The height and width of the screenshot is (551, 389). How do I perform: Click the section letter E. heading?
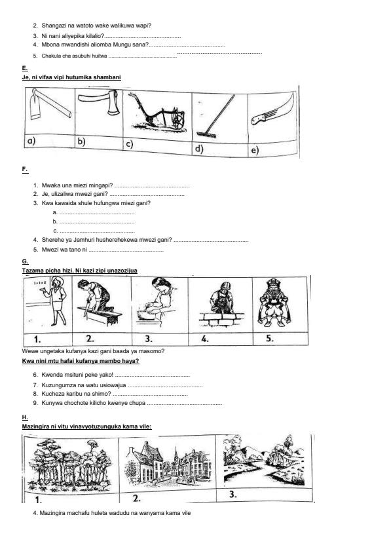(24, 68)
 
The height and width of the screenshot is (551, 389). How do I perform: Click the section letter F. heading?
(24, 170)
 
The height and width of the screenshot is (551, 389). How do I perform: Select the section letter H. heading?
(24, 417)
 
